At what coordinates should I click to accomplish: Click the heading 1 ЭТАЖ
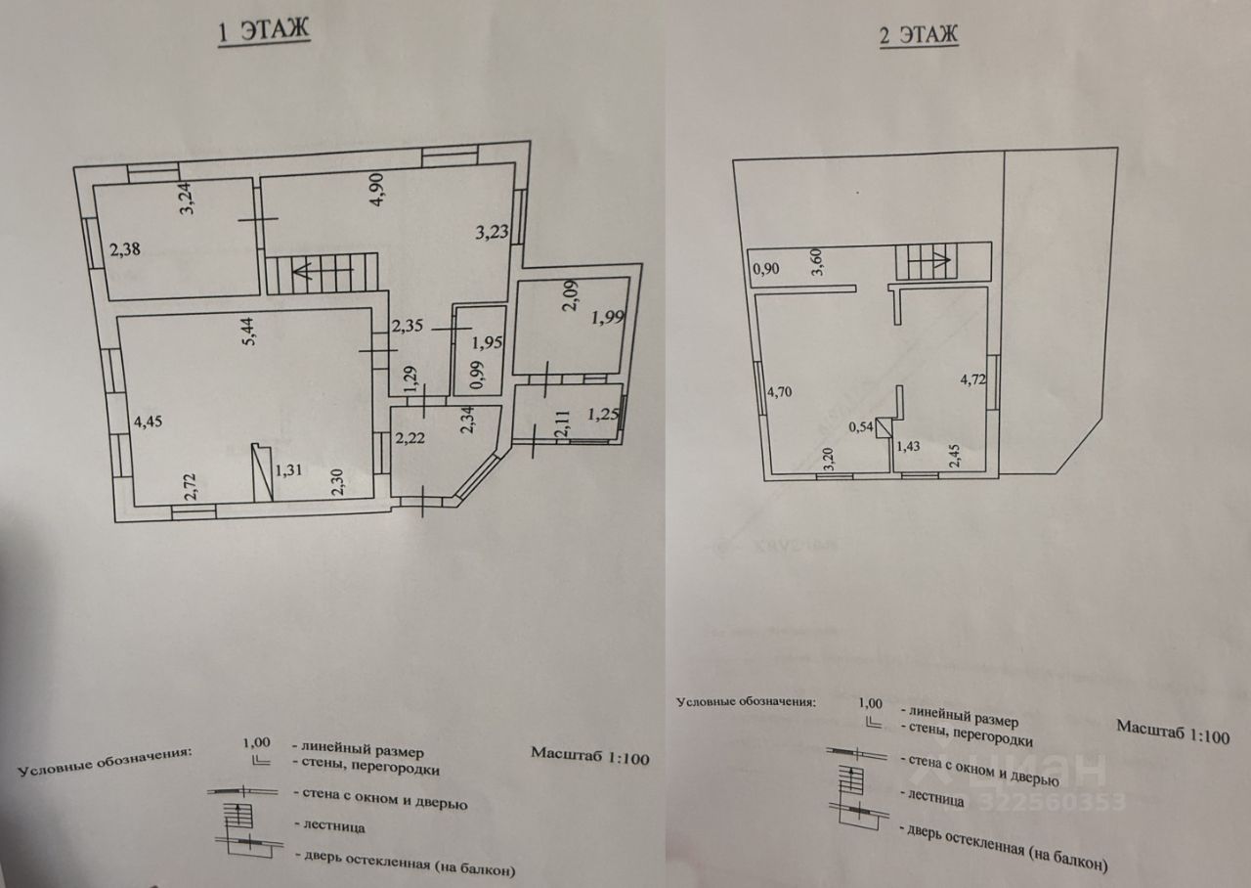tap(262, 30)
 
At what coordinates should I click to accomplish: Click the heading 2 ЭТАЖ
tap(919, 36)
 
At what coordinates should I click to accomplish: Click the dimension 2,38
tap(125, 249)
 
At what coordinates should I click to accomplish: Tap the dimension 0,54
tap(860, 426)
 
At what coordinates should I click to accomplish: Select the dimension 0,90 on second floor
tap(765, 267)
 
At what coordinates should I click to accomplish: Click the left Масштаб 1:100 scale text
tap(590, 755)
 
